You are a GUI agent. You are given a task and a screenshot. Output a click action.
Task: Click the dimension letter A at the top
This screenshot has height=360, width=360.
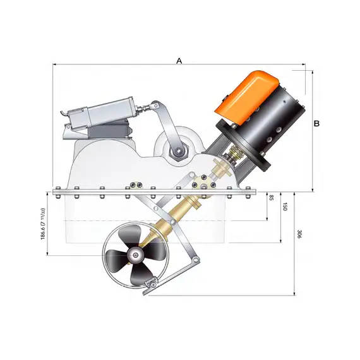(x=179, y=61)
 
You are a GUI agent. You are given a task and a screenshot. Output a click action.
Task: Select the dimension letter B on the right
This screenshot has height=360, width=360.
(x=317, y=124)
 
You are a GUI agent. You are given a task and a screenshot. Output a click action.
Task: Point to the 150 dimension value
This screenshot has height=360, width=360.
(x=285, y=207)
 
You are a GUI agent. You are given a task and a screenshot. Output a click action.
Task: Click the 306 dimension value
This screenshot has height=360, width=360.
(x=298, y=234)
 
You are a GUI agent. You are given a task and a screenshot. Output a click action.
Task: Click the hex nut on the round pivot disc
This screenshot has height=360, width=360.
(x=178, y=151)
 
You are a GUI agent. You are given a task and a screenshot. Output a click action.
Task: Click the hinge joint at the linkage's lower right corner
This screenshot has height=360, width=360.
(x=197, y=260)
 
